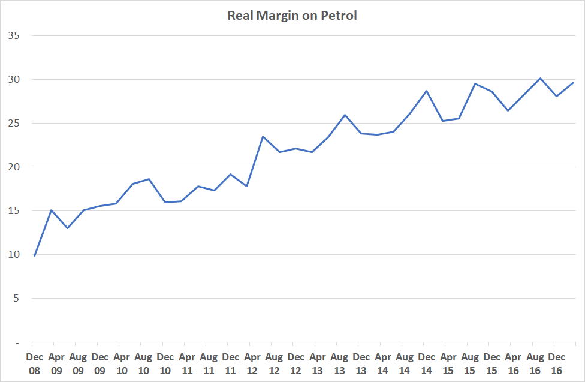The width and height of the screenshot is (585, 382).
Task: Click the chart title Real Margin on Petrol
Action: point(292,16)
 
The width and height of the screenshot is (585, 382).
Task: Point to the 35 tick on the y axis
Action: point(14,35)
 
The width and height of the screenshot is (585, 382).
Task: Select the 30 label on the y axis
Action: point(14,79)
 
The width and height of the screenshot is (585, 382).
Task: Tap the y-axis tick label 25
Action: point(14,124)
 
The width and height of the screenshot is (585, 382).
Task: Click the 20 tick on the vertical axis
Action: point(14,167)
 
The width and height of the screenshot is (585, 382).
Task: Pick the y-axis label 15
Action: point(14,211)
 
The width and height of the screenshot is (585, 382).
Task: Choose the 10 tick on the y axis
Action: point(14,255)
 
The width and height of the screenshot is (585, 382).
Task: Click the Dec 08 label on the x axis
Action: point(35,363)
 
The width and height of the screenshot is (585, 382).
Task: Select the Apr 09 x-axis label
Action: point(56,363)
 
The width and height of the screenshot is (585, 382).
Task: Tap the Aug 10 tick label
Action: point(143,363)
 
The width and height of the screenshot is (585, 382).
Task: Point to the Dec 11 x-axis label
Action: point(231,363)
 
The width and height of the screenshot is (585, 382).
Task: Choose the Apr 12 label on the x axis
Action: point(252,363)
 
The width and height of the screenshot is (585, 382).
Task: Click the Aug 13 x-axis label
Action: point(339,363)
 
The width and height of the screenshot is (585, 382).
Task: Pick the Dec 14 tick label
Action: point(426,363)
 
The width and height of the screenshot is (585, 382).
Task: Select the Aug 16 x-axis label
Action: point(535,363)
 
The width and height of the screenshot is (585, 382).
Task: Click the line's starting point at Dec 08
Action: point(35,256)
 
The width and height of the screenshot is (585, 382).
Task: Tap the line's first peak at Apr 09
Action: point(52,210)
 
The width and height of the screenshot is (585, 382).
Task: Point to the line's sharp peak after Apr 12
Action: point(263,137)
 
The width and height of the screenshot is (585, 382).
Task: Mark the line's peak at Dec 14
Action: point(426,91)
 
